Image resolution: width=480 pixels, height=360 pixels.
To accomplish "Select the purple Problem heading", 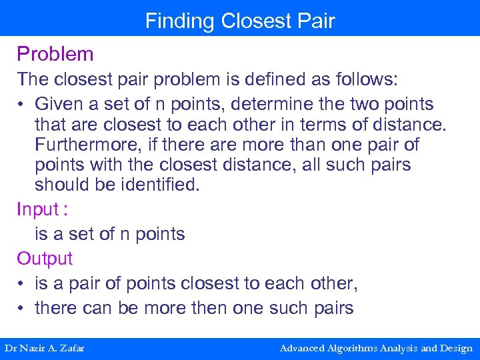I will tap(55, 54).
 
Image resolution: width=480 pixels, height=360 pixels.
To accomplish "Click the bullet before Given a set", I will tap(22, 105).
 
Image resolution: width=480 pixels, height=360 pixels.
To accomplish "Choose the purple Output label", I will tap(45, 259).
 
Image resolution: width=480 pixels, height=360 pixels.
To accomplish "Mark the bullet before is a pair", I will tap(22, 284).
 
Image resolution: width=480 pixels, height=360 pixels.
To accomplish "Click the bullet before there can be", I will tap(22, 309).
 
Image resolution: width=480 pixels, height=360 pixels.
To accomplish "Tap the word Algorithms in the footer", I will tap(357, 348).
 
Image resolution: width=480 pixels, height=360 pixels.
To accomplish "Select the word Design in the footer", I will tap(456, 348).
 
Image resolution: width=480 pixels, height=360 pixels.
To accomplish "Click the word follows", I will tap(365, 79).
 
